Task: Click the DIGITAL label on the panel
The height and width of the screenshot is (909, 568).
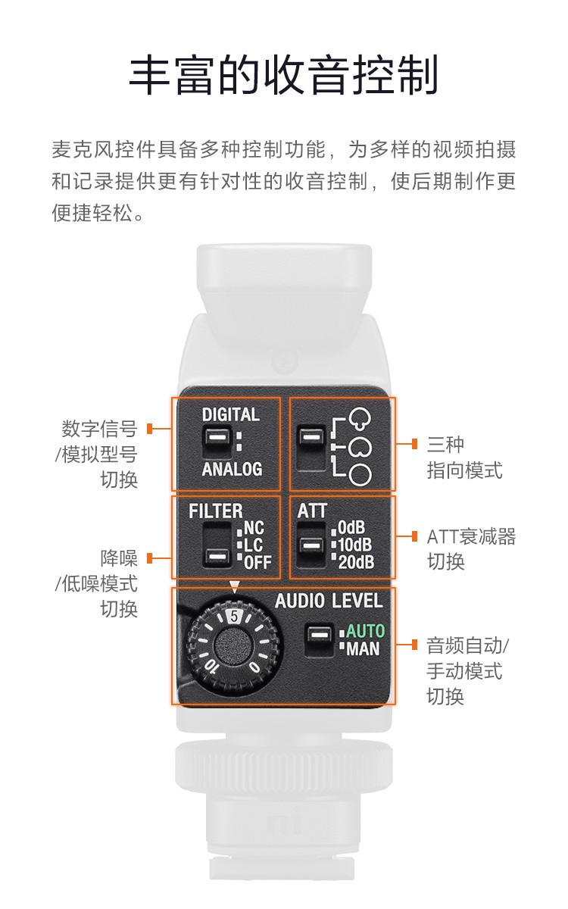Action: pyautogui.click(x=231, y=414)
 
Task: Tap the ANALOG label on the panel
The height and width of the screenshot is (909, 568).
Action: pyautogui.click(x=232, y=469)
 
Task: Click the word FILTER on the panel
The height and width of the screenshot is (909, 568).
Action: pyautogui.click(x=215, y=511)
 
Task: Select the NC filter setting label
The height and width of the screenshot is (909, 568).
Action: pyautogui.click(x=254, y=527)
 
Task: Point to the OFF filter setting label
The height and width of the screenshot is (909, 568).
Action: pyautogui.click(x=257, y=562)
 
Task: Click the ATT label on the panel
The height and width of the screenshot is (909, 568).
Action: pyautogui.click(x=312, y=511)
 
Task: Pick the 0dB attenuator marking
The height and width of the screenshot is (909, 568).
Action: pyautogui.click(x=351, y=527)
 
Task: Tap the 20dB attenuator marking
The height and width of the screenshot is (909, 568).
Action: pyautogui.click(x=356, y=562)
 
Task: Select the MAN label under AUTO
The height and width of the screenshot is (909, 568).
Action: pyautogui.click(x=363, y=648)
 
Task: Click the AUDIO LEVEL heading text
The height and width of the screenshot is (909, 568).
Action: pyautogui.click(x=329, y=601)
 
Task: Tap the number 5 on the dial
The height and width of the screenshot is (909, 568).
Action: pyautogui.click(x=234, y=616)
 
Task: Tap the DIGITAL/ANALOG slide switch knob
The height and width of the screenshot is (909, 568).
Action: pyautogui.click(x=218, y=437)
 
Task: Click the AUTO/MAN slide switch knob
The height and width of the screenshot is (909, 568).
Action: pyautogui.click(x=320, y=633)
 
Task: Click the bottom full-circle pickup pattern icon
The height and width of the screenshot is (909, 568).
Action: pyautogui.click(x=360, y=474)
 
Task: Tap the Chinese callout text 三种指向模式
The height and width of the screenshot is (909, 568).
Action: pyautogui.click(x=464, y=458)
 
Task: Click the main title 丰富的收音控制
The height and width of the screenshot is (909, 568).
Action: pyautogui.click(x=284, y=76)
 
